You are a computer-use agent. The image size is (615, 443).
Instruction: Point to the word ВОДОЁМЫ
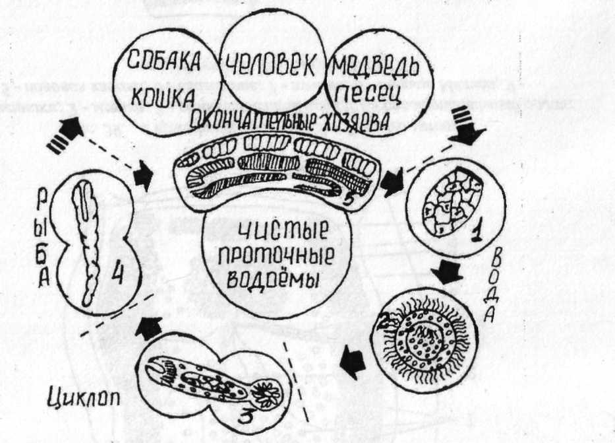[273, 278]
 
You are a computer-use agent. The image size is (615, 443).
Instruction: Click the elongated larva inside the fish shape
[88, 244]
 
